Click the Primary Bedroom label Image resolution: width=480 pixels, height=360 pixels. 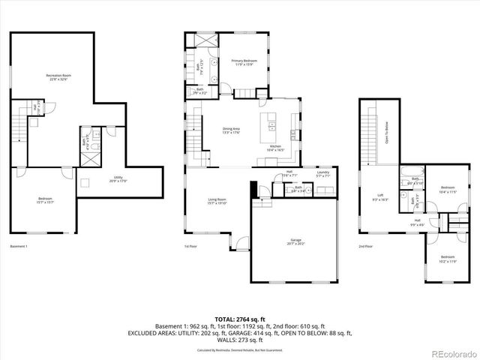(244, 61)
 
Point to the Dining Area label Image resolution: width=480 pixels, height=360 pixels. (231, 131)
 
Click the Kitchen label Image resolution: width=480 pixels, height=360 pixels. (275, 148)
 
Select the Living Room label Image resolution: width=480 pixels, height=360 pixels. (217, 200)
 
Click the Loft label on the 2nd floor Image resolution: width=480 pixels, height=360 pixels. (379, 197)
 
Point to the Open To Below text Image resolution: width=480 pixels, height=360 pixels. (386, 131)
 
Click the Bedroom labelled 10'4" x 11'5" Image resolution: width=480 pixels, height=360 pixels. (448, 189)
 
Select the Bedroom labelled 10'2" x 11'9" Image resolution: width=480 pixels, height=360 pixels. (447, 259)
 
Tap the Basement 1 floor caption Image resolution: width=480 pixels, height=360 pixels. (19, 247)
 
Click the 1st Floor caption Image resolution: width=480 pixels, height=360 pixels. (191, 247)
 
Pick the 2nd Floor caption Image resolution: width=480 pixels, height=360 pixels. (365, 247)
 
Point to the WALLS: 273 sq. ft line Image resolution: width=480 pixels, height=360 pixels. (240, 340)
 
